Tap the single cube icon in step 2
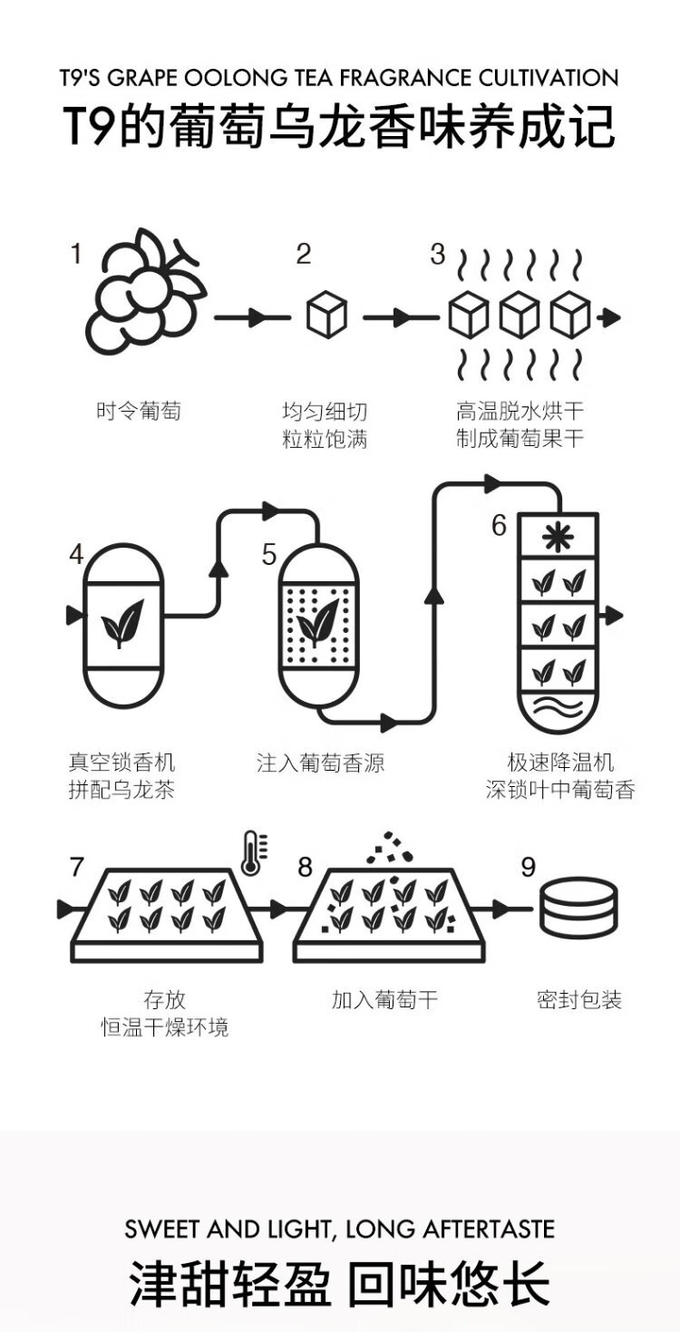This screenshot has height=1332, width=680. point(326,316)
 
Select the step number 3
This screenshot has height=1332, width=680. point(438,255)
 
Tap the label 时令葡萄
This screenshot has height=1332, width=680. point(139,411)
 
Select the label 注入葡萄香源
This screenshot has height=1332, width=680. point(320,763)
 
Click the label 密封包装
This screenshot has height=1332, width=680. point(579,1000)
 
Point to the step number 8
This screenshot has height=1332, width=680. point(305,868)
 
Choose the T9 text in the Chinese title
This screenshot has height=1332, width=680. point(90,126)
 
